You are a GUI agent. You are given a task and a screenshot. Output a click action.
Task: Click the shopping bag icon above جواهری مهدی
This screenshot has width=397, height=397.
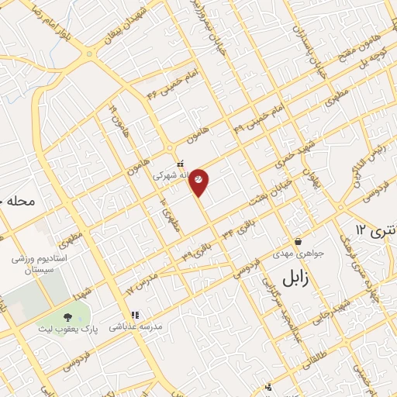pos(299,240)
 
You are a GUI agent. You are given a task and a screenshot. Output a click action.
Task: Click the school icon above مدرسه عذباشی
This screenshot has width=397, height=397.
pos(135,316)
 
